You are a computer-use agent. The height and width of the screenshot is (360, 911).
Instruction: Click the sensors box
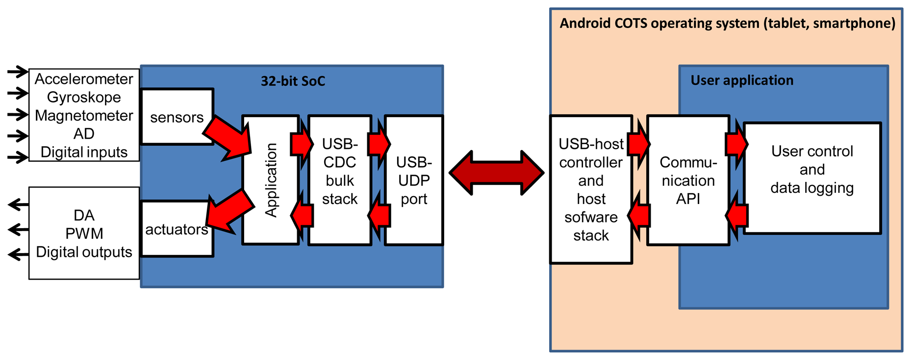(x=177, y=117)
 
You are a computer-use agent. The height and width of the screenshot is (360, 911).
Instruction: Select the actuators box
(x=177, y=229)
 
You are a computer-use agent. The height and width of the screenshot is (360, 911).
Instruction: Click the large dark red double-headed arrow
(x=496, y=173)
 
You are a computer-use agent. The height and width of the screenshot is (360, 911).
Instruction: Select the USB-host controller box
(x=590, y=189)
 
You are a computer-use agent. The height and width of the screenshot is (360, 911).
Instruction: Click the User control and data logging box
(x=812, y=170)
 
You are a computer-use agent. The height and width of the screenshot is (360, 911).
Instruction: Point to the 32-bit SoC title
(x=293, y=81)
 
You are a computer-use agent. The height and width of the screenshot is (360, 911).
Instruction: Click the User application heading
(x=741, y=80)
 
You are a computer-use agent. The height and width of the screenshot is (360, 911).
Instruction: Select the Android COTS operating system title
(x=727, y=23)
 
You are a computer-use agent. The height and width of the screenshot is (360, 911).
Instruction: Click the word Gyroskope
(x=84, y=97)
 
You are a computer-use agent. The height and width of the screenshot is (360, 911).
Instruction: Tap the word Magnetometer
(x=84, y=116)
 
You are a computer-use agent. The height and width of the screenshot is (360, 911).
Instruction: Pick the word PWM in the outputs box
(x=84, y=233)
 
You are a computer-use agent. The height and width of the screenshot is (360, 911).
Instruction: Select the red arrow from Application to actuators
(x=228, y=211)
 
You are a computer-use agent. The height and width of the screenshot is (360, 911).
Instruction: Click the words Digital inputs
(x=84, y=152)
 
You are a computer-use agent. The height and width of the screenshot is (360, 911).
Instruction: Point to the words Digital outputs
(x=84, y=252)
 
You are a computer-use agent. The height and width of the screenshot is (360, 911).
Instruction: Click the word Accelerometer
(x=84, y=79)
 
